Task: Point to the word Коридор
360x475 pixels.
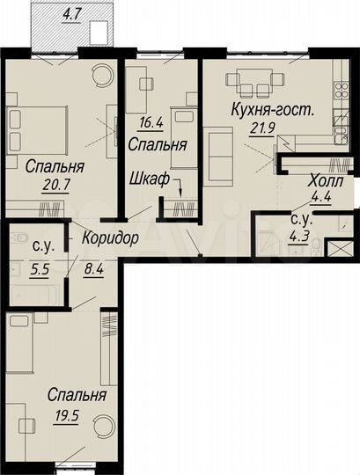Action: tap(113, 239)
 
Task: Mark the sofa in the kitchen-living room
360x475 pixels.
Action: tap(217, 149)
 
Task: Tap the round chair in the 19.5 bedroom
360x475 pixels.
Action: tap(101, 427)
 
